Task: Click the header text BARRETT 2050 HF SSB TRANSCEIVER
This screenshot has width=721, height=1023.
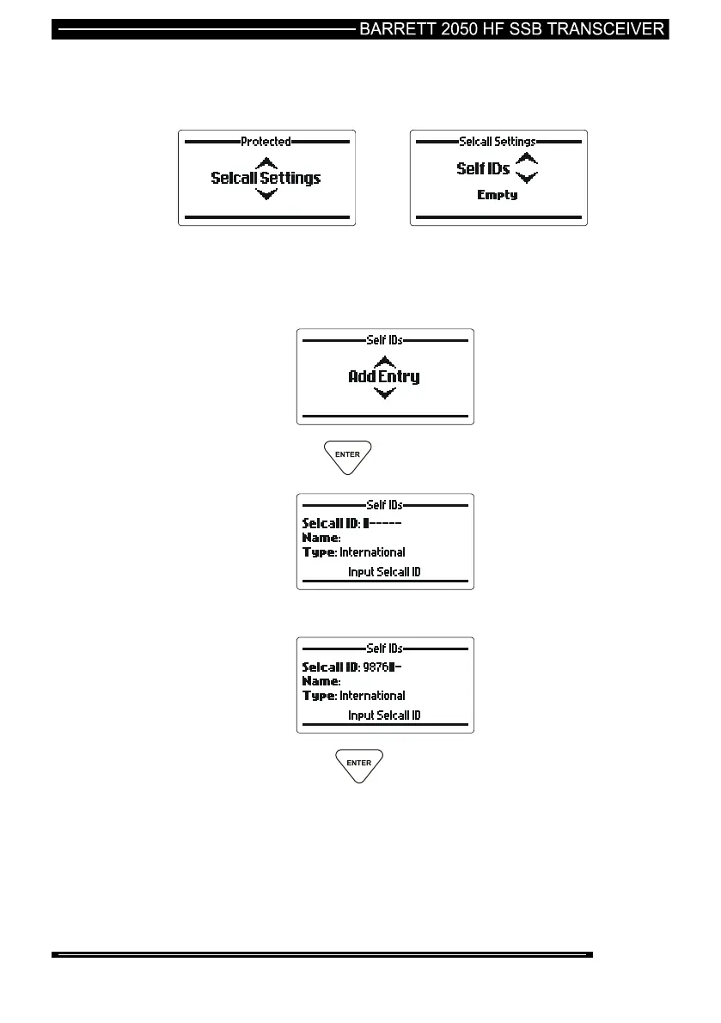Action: pos(512,28)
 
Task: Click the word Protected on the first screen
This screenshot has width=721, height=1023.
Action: pos(266,142)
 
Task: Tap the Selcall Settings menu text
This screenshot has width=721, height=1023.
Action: pos(266,178)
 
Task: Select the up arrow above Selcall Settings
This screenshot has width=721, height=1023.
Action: pos(267,162)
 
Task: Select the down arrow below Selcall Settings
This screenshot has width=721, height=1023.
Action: pos(267,194)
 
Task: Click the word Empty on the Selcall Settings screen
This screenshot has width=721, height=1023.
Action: pos(498,195)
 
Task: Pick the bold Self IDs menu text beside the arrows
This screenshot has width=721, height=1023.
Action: pos(482,169)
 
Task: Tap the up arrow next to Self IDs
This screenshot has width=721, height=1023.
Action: pos(527,160)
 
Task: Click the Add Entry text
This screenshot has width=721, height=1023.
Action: pos(384,376)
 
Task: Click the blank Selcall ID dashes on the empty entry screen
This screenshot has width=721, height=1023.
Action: pos(386,522)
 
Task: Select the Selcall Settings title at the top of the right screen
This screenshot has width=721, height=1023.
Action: pos(498,142)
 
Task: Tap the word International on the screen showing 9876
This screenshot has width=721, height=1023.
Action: pos(372,696)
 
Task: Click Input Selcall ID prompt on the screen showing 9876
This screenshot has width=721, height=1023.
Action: pos(384,715)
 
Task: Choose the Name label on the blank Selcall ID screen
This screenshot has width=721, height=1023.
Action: pos(320,538)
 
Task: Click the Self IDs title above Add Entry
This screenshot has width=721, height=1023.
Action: pos(385,340)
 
